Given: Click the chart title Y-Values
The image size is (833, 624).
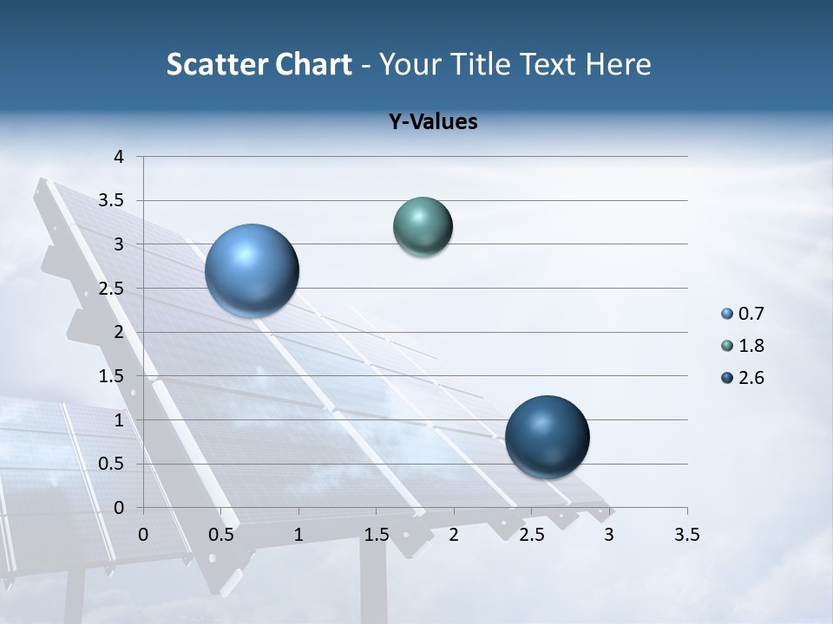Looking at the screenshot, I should [x=433, y=122].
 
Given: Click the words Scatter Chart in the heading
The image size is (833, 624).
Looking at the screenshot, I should [x=259, y=64].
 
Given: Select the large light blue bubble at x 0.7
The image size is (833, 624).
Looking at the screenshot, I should [x=253, y=270].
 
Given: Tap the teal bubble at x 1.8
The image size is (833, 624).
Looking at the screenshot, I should [x=423, y=226].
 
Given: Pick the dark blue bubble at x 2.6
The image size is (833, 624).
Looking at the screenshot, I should [x=547, y=437].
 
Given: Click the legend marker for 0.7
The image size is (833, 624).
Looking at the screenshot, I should [x=727, y=314].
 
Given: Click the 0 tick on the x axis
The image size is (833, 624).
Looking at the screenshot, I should [x=143, y=535].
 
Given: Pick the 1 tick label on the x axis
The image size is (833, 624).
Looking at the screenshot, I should [x=298, y=535].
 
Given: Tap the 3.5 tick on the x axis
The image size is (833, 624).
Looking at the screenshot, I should [x=686, y=535].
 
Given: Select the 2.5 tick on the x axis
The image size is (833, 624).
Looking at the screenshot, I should [x=531, y=535].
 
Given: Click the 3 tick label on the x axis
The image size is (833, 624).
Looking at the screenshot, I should [x=609, y=535].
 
